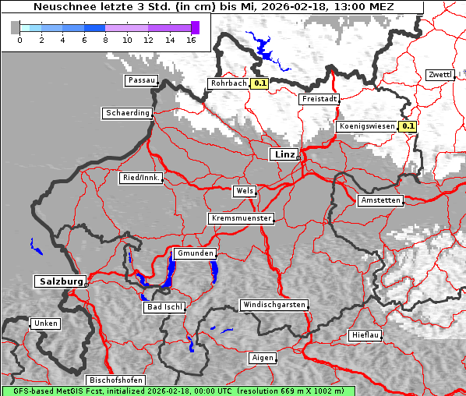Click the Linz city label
(x=284, y=154)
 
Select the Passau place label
(x=141, y=80)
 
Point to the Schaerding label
(x=128, y=113)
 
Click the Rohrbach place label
(x=228, y=83)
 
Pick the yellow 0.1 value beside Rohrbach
(x=260, y=83)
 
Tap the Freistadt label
(x=319, y=99)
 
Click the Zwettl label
(x=440, y=75)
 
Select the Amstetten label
(x=380, y=200)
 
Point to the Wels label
(x=244, y=191)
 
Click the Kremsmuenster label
(x=242, y=218)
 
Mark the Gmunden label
(x=195, y=254)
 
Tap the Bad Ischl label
(x=164, y=307)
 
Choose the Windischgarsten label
(x=273, y=305)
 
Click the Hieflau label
(x=365, y=335)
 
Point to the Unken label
(x=45, y=324)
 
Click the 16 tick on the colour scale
(x=191, y=40)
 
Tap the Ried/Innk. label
(x=141, y=178)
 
